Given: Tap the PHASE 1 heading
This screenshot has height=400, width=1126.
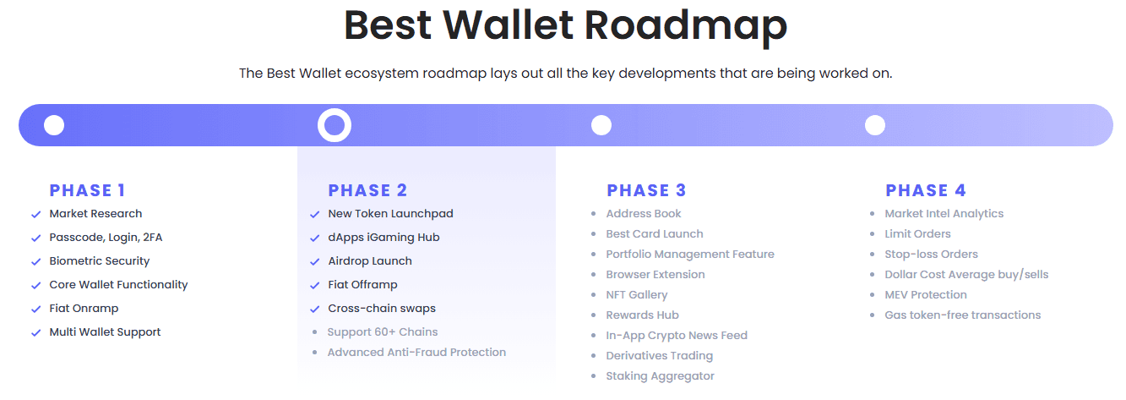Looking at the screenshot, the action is pyautogui.click(x=87, y=190).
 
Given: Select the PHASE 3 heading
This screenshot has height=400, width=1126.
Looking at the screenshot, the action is pyautogui.click(x=646, y=190).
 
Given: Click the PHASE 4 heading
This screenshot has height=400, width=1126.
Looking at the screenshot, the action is pyautogui.click(x=926, y=190).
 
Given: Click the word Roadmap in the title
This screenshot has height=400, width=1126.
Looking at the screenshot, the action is pyautogui.click(x=686, y=25).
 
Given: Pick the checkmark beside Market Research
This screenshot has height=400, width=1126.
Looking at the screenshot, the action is pyautogui.click(x=35, y=214).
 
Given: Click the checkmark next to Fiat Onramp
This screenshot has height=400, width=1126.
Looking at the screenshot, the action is pyautogui.click(x=35, y=309).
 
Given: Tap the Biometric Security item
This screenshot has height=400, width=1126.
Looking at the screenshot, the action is pyautogui.click(x=100, y=261).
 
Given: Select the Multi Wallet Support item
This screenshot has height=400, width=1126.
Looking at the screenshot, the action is pyautogui.click(x=105, y=332).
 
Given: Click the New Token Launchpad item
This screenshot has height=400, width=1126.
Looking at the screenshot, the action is pyautogui.click(x=390, y=214).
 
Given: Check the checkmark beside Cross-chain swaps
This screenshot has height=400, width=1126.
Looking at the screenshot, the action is pyautogui.click(x=315, y=309).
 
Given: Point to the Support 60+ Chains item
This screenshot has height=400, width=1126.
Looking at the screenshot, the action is pyautogui.click(x=383, y=332).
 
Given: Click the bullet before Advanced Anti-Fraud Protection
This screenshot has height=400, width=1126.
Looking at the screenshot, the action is pyautogui.click(x=315, y=352).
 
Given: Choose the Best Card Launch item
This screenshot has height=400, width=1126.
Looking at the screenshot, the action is pyautogui.click(x=655, y=234).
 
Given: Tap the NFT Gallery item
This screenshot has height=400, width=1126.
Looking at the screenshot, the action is pyautogui.click(x=637, y=295).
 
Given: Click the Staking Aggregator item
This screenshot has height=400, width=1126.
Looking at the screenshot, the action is pyautogui.click(x=660, y=375).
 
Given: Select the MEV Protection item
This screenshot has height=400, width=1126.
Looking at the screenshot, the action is pyautogui.click(x=926, y=295).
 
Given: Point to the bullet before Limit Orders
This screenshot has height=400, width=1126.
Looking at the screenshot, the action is pyautogui.click(x=872, y=234).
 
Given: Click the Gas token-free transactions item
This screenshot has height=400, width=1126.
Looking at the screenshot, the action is pyautogui.click(x=963, y=315).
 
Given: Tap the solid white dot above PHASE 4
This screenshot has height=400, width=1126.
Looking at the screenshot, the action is pyautogui.click(x=874, y=125).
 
